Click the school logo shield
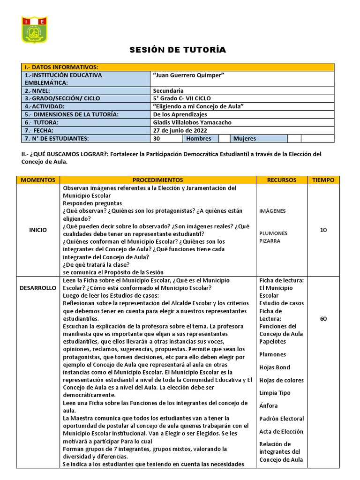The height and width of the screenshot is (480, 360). pos(35,30)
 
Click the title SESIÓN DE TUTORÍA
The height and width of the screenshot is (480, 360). pos(178,50)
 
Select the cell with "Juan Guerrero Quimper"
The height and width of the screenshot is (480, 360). pos(187,75)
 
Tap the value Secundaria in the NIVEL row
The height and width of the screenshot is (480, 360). pos(168,90)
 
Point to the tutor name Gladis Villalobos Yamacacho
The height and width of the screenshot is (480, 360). pos(192,122)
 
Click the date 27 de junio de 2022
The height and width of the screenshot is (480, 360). pos(180,130)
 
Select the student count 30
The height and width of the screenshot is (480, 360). pos(157,138)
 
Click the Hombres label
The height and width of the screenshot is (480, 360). pos(199,138)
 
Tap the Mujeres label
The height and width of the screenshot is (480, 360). pos(245,138)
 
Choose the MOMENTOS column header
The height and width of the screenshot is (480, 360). pos(38,180)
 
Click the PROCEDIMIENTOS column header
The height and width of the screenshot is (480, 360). pos(157,180)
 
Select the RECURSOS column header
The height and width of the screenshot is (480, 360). pos(282,180)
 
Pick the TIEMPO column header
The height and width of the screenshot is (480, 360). pos(323,180)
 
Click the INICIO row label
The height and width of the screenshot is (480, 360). pos(38,230)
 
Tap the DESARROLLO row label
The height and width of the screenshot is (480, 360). pos(38,288)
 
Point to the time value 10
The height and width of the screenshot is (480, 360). pos(323,230)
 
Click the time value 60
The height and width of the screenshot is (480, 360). pos(323,319)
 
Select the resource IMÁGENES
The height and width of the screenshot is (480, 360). pos(272,211)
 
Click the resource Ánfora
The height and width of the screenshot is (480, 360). pos(269,406)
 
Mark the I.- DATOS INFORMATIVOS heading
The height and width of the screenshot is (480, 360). pos(61,67)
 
